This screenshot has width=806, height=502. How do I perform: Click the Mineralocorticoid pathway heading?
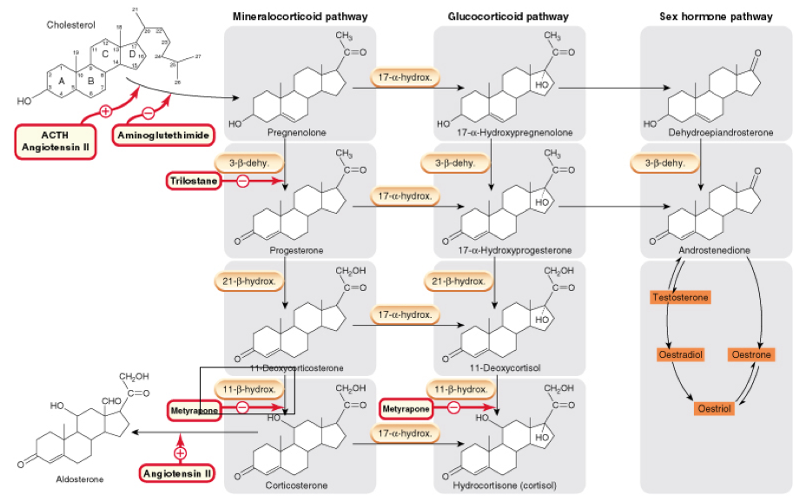300,17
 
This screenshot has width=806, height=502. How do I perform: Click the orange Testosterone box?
680,297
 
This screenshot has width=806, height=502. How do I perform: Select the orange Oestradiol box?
680,354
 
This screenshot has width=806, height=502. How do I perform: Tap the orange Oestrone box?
751,354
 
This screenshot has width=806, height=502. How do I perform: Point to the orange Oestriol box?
716,407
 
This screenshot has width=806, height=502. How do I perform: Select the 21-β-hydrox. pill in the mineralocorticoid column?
248,281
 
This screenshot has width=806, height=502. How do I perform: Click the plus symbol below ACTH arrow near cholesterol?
106,111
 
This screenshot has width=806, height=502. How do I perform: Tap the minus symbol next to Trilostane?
243,181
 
